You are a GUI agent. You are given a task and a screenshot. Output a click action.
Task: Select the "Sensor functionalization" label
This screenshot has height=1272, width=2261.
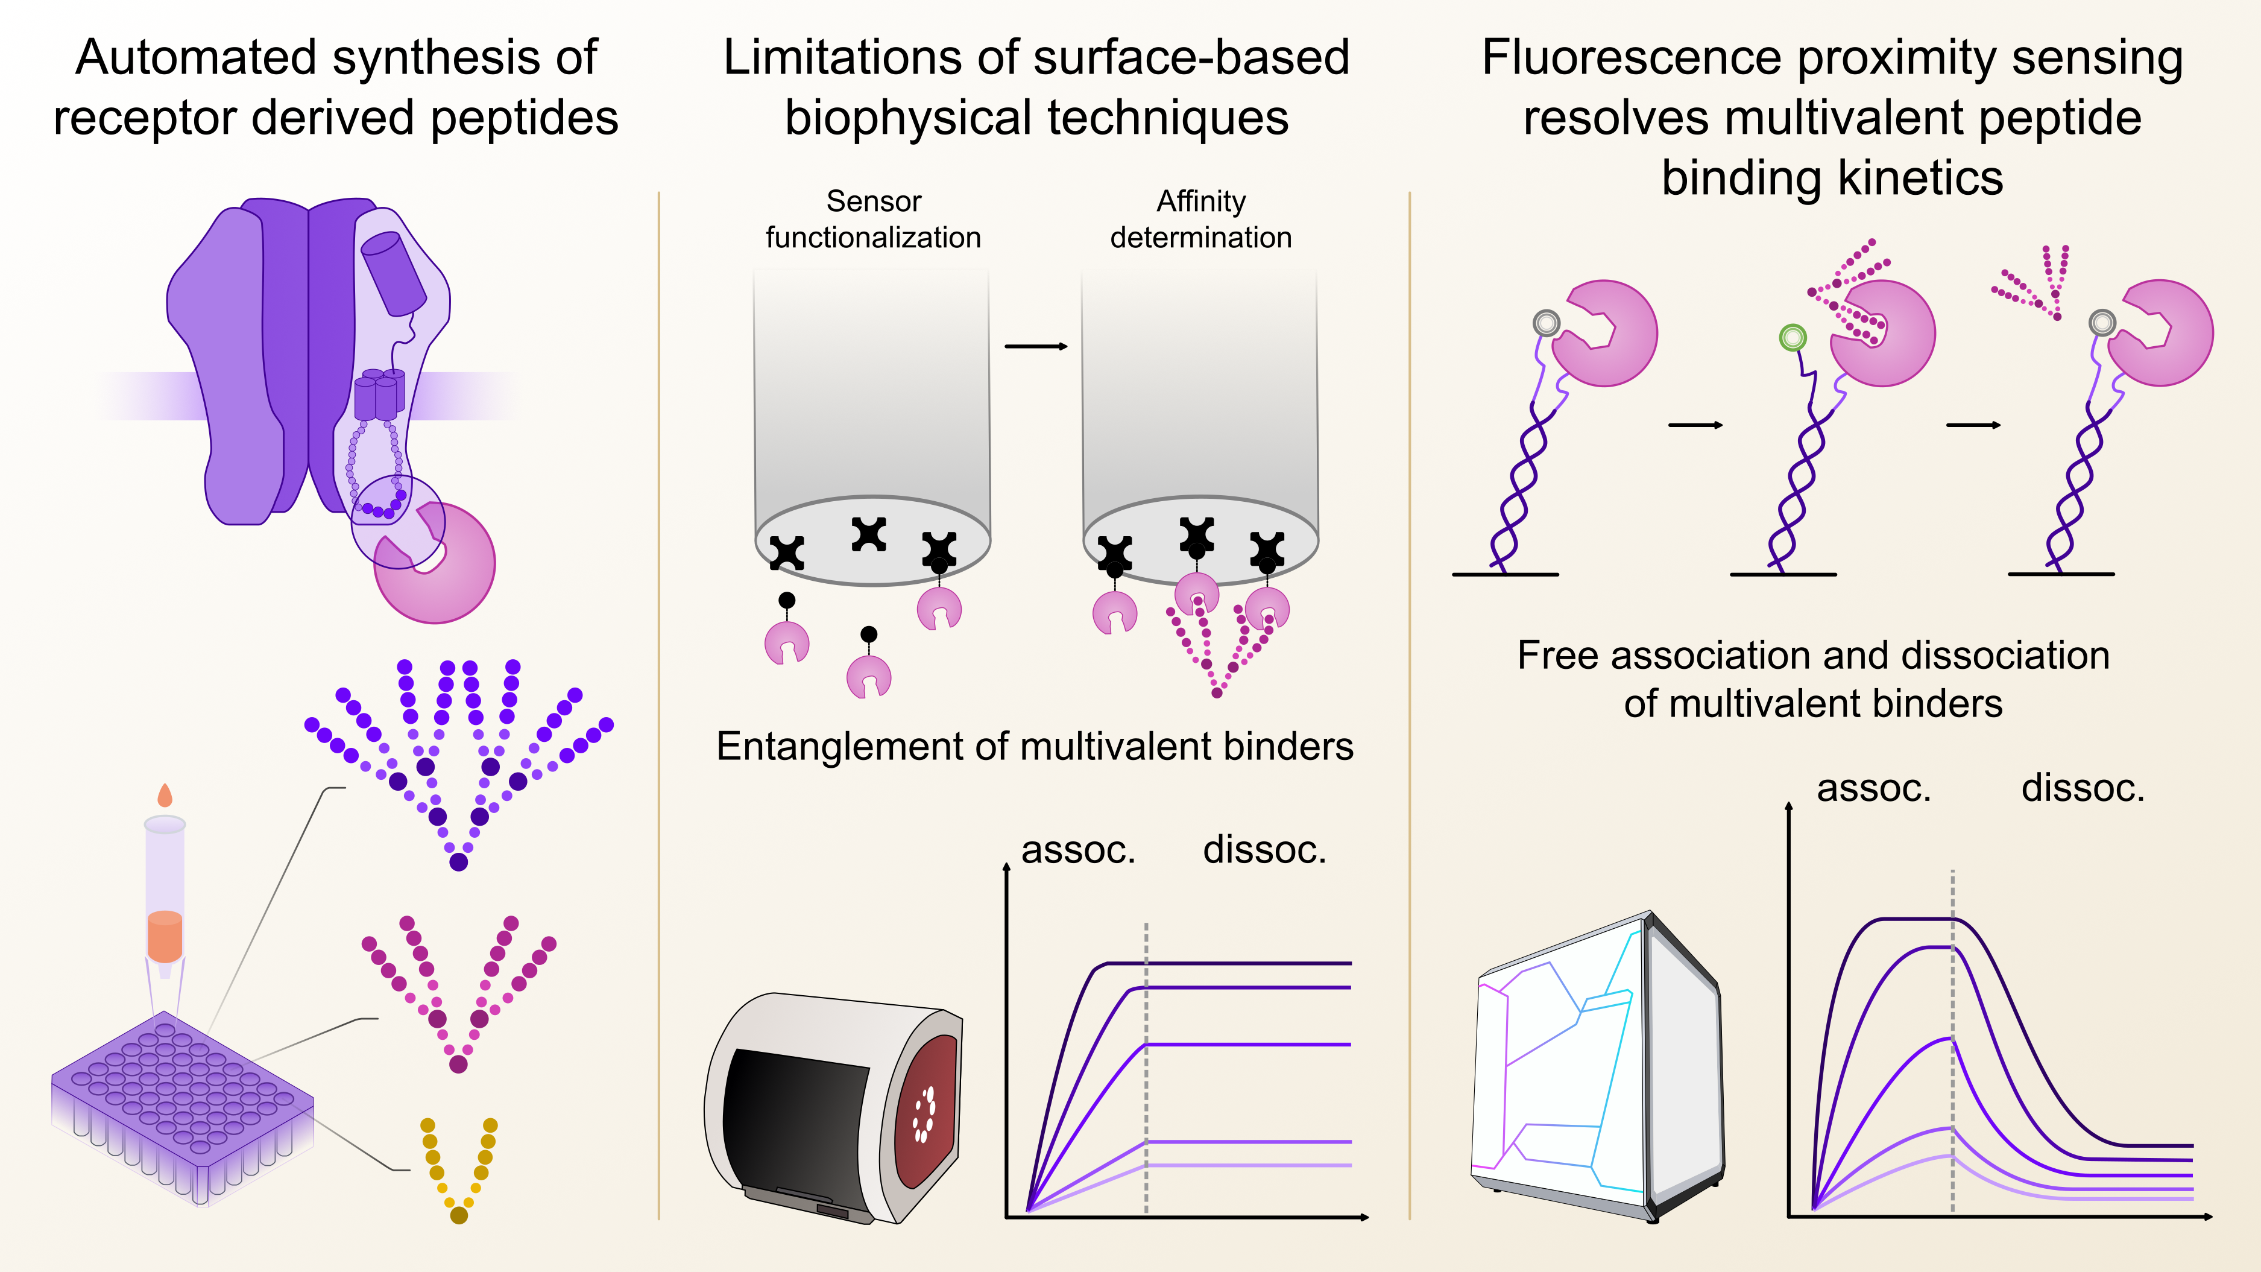coord(872,220)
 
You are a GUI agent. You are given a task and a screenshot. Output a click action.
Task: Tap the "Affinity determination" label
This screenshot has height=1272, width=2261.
coord(1200,220)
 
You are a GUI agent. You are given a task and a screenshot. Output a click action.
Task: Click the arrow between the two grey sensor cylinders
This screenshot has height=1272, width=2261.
coord(1036,347)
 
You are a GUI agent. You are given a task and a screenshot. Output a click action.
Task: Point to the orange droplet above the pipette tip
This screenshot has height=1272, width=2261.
coord(164,796)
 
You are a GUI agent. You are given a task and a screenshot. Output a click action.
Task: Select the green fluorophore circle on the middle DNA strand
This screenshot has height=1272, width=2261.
coord(1793,337)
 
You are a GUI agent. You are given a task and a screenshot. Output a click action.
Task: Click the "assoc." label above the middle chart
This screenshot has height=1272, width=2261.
coord(1079,850)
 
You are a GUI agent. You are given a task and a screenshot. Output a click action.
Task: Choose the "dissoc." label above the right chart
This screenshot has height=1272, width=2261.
coord(2083,788)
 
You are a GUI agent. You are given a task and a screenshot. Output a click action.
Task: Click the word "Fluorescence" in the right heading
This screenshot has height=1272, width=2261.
coord(1633,58)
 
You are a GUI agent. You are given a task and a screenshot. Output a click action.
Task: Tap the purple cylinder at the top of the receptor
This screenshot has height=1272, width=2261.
coord(394,271)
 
